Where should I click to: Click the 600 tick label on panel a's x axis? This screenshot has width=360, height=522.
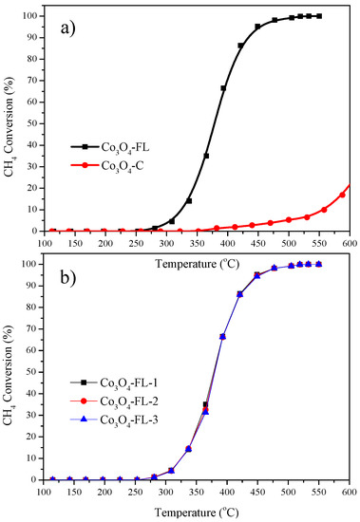point(348,241)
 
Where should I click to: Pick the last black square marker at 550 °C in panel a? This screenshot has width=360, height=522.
point(319,16)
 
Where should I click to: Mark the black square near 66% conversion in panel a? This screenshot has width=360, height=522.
point(223,88)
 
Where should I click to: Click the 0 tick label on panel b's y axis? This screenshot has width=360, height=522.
point(34,480)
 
